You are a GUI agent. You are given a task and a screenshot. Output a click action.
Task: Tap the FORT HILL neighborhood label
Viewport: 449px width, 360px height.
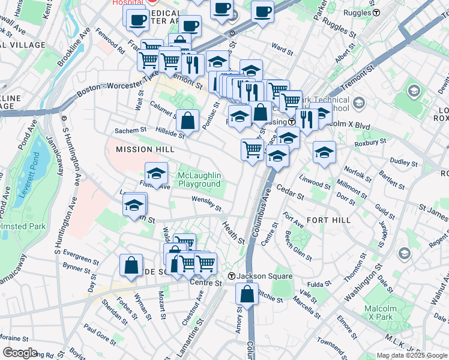click(328, 220)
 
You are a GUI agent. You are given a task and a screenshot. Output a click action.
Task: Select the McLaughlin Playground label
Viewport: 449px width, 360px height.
click(199, 179)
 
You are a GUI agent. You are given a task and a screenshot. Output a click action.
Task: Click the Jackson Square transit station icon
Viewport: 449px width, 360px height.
click(231, 276)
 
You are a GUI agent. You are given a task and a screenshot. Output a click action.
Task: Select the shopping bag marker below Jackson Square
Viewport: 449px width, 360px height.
click(247, 294)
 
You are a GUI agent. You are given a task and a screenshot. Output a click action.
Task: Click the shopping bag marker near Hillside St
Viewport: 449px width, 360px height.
click(188, 120)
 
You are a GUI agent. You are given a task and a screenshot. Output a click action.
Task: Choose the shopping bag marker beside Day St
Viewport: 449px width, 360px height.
click(131, 265)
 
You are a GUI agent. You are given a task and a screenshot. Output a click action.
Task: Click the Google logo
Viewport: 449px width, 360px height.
click(20, 353)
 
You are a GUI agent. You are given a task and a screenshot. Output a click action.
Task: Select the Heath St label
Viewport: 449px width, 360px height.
click(234, 232)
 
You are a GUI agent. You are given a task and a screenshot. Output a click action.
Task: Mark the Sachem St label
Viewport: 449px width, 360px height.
click(131, 130)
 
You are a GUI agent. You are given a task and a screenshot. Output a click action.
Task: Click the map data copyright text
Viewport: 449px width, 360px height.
click(412, 355)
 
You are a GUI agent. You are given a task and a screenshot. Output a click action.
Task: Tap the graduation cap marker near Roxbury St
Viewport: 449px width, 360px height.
click(324, 152)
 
